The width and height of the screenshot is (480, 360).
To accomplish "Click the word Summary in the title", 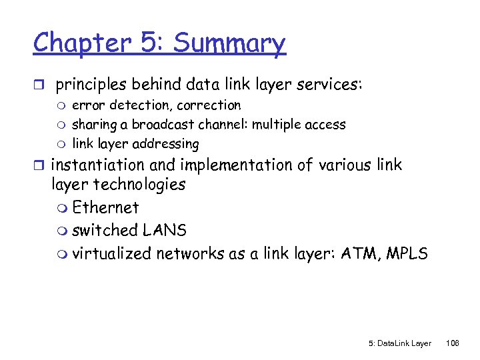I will (x=229, y=43).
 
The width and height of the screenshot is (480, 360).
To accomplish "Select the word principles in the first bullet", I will (x=91, y=85).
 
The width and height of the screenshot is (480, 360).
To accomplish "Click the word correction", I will (x=209, y=105).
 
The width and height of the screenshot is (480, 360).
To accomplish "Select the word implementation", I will (x=238, y=165).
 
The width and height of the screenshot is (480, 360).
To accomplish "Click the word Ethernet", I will (x=105, y=207).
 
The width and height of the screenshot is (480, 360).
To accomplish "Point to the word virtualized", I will (x=112, y=254).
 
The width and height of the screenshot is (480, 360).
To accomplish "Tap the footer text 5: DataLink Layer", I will (x=399, y=343).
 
